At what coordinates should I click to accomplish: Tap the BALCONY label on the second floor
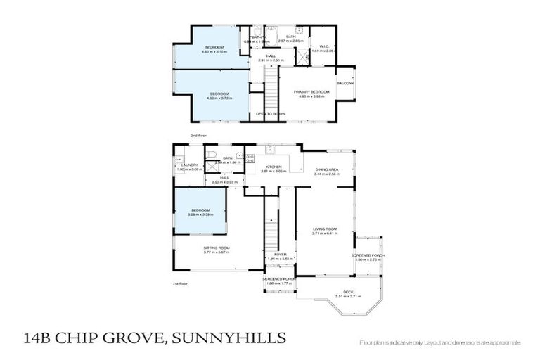[x=345, y=84]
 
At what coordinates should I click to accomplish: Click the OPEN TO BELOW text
[x=270, y=112]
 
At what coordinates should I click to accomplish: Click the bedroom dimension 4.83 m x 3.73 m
[x=212, y=98]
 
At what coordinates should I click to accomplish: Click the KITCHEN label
[x=273, y=167]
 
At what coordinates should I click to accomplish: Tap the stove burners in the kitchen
[x=240, y=157]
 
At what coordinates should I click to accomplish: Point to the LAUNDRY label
[x=191, y=165]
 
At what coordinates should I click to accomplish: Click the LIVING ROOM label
[x=325, y=229]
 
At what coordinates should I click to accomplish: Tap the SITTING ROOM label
[x=217, y=248]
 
